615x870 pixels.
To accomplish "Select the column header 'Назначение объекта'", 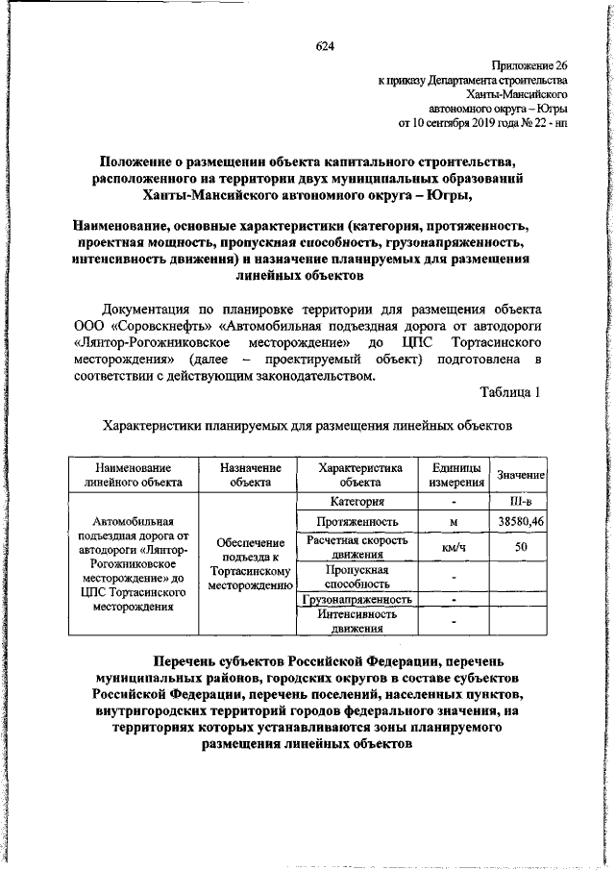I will pyautogui.click(x=250, y=474).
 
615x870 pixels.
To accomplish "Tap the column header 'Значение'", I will pyautogui.click(x=520, y=476).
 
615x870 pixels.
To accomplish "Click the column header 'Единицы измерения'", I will pyautogui.click(x=455, y=474).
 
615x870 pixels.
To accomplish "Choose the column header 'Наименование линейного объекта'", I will pyautogui.click(x=127, y=474).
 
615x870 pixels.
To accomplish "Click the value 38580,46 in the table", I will pyautogui.click(x=520, y=521).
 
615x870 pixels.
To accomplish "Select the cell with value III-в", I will pyautogui.click(x=520, y=501).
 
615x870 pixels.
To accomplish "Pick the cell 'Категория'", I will pyautogui.click(x=357, y=501).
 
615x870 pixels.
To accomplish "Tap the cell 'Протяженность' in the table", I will pyautogui.click(x=357, y=521).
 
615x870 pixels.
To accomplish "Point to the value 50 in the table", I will pyautogui.click(x=520, y=547).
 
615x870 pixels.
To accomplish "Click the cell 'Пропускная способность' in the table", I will pyautogui.click(x=357, y=576).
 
